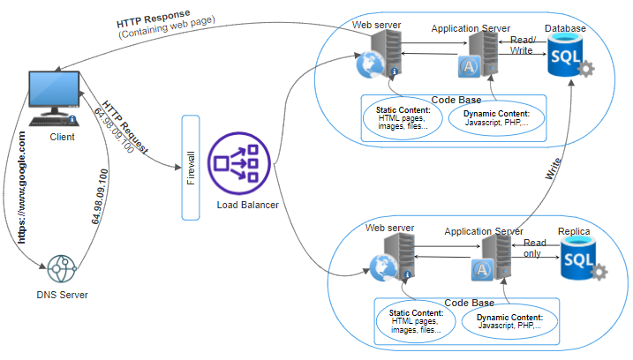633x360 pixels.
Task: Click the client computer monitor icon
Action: (x=54, y=98)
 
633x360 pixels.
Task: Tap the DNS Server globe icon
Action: (x=62, y=268)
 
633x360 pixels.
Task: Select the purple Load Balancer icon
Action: (x=238, y=163)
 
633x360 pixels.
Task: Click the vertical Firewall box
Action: (x=191, y=168)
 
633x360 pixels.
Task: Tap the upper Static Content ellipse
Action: (x=403, y=118)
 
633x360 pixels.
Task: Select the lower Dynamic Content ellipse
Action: (x=509, y=322)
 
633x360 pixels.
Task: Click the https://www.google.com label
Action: (x=22, y=187)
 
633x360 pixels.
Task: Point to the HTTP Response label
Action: (x=154, y=19)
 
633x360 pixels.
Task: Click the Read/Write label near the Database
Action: (x=523, y=45)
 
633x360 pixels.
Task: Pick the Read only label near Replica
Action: (x=534, y=248)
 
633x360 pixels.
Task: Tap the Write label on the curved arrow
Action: (x=553, y=169)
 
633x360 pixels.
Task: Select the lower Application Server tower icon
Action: (x=492, y=257)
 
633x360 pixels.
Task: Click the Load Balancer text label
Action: (x=247, y=205)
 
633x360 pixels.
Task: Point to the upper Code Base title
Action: (x=456, y=100)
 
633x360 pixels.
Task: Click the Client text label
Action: (x=62, y=137)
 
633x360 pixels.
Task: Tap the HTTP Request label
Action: (x=125, y=127)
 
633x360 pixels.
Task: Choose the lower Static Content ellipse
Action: (x=416, y=321)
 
